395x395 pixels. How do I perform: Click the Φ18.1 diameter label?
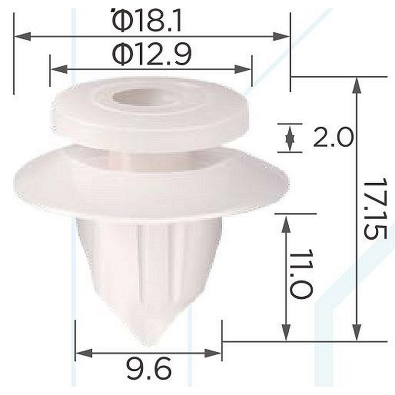pyautogui.click(x=147, y=21)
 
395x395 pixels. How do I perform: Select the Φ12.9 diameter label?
pyautogui.click(x=152, y=54)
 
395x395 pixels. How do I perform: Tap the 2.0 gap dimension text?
pyautogui.click(x=333, y=137)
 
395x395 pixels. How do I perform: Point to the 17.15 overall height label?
pyautogui.click(x=375, y=208)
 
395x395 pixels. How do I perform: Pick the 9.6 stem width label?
pyautogui.click(x=149, y=369)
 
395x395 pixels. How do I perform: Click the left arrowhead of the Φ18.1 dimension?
pyautogui.click(x=23, y=37)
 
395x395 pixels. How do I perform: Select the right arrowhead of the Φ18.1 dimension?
pyautogui.click(x=281, y=37)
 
